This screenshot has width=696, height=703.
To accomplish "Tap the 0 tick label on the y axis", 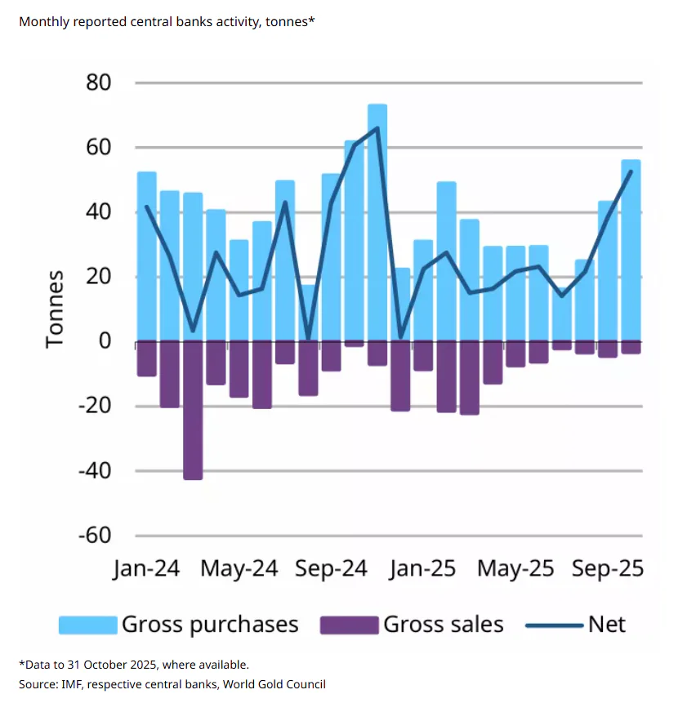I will [105, 341].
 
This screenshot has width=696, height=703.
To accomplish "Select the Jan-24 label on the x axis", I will [146, 568].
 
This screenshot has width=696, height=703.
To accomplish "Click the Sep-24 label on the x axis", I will [330, 568].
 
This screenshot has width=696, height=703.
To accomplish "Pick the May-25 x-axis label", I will [515, 568].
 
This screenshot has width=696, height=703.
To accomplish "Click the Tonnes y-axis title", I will [55, 310].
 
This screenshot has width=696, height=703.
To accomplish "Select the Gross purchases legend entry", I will [210, 625].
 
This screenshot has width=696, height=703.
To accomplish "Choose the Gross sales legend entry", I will [444, 625].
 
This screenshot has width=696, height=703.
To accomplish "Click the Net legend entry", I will [606, 625].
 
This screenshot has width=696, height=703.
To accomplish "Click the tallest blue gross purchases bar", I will [377, 220].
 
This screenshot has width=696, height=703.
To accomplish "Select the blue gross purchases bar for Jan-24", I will [147, 256].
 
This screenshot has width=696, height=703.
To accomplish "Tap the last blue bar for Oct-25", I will [631, 250].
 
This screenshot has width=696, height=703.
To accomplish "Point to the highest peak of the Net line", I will [377, 128].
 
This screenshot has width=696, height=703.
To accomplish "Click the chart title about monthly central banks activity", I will [167, 21].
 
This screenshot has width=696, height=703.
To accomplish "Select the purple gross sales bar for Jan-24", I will [147, 358].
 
